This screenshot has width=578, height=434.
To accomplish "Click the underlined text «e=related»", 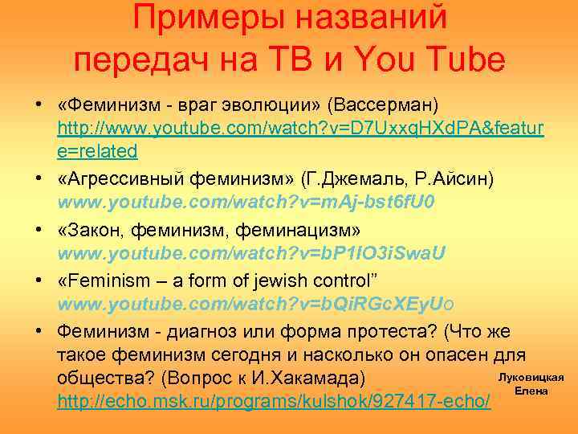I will (97, 150).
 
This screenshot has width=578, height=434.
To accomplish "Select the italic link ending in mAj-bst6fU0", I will (246, 201).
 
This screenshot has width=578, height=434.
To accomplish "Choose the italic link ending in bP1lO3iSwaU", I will (251, 253).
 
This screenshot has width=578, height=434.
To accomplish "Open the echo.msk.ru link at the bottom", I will (274, 400).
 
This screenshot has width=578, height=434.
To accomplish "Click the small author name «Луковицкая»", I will (531, 377).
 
